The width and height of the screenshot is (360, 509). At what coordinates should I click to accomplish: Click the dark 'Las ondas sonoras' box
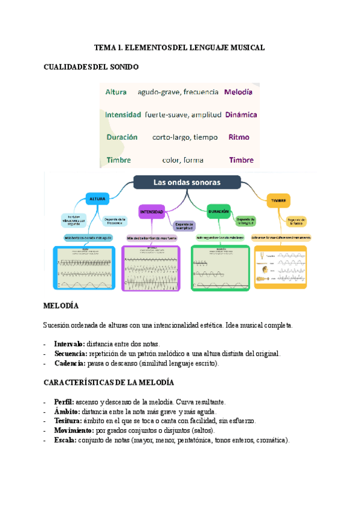click(187, 182)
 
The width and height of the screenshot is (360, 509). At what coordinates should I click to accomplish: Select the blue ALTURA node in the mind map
click(97, 199)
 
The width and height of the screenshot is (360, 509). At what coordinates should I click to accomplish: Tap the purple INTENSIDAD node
click(152, 212)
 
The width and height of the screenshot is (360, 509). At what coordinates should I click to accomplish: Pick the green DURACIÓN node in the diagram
click(219, 212)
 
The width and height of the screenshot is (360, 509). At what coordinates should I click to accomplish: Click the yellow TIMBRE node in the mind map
click(278, 200)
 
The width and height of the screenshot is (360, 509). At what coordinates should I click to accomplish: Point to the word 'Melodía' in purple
click(238, 92)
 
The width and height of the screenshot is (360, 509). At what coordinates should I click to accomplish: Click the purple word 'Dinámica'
click(241, 114)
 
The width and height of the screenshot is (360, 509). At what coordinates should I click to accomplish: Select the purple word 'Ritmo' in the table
click(239, 137)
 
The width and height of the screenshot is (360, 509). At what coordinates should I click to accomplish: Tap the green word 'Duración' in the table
click(122, 137)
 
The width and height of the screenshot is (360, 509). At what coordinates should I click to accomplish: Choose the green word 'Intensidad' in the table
click(123, 114)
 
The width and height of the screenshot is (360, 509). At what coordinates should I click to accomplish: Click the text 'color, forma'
click(182, 160)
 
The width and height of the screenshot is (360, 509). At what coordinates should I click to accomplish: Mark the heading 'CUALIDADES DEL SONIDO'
click(91, 67)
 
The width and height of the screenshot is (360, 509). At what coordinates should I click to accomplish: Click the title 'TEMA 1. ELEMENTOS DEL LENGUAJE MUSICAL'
click(179, 47)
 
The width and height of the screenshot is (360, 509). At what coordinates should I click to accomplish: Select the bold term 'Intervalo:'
click(70, 345)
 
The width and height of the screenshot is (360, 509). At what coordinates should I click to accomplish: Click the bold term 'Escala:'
click(65, 440)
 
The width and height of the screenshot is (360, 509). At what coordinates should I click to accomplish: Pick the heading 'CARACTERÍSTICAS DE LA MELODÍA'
click(109, 382)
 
